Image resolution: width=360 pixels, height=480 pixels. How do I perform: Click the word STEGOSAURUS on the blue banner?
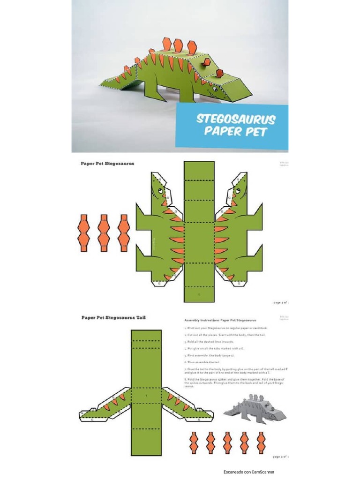click(x=235, y=119)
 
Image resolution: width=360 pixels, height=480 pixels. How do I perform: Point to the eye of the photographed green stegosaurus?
click(x=215, y=89)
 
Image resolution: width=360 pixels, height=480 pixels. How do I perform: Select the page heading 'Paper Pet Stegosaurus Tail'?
click(x=113, y=317)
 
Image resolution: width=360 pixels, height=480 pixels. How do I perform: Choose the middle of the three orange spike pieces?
click(x=103, y=233)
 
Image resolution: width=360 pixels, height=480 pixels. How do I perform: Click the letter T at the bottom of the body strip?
click(x=199, y=294)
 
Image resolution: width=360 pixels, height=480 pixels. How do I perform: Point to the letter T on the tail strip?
click(x=146, y=397)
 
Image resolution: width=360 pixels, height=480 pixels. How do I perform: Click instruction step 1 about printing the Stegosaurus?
click(x=222, y=329)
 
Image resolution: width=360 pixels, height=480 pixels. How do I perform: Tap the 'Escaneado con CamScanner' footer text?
click(x=248, y=472)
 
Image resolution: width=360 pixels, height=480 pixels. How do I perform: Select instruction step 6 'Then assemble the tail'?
click(x=202, y=362)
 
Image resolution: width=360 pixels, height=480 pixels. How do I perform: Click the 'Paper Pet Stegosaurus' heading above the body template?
click(x=107, y=164)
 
